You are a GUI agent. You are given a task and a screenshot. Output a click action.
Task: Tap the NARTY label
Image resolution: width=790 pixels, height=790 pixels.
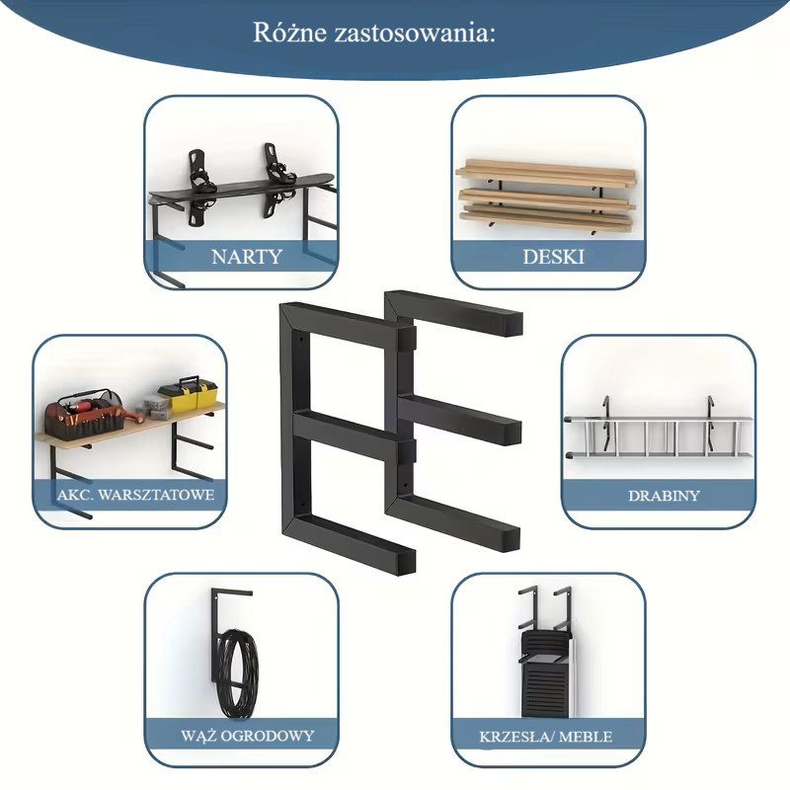click(x=246, y=257)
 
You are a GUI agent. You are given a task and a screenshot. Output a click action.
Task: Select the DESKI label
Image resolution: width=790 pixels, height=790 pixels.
click(x=553, y=257)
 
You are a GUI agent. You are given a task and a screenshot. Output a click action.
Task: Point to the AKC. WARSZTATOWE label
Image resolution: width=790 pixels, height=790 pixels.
click(x=135, y=495)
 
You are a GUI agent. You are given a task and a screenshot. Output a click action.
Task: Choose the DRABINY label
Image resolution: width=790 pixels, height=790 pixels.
click(x=664, y=496)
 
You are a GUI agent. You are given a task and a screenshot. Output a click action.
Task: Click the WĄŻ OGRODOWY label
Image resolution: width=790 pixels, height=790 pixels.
click(x=247, y=735)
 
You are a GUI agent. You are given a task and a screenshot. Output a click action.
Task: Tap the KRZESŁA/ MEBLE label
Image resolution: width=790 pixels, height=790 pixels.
click(x=546, y=737)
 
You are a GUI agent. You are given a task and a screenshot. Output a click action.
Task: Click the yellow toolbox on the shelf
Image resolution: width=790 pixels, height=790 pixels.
click(x=188, y=395)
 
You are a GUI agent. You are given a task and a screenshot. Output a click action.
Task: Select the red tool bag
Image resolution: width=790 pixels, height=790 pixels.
click(x=85, y=412)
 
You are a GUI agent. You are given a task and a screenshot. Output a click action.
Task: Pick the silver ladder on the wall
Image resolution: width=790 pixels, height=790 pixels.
click(x=659, y=437)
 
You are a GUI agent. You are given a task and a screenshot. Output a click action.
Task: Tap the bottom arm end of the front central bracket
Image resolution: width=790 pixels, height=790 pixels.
click(x=407, y=562)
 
